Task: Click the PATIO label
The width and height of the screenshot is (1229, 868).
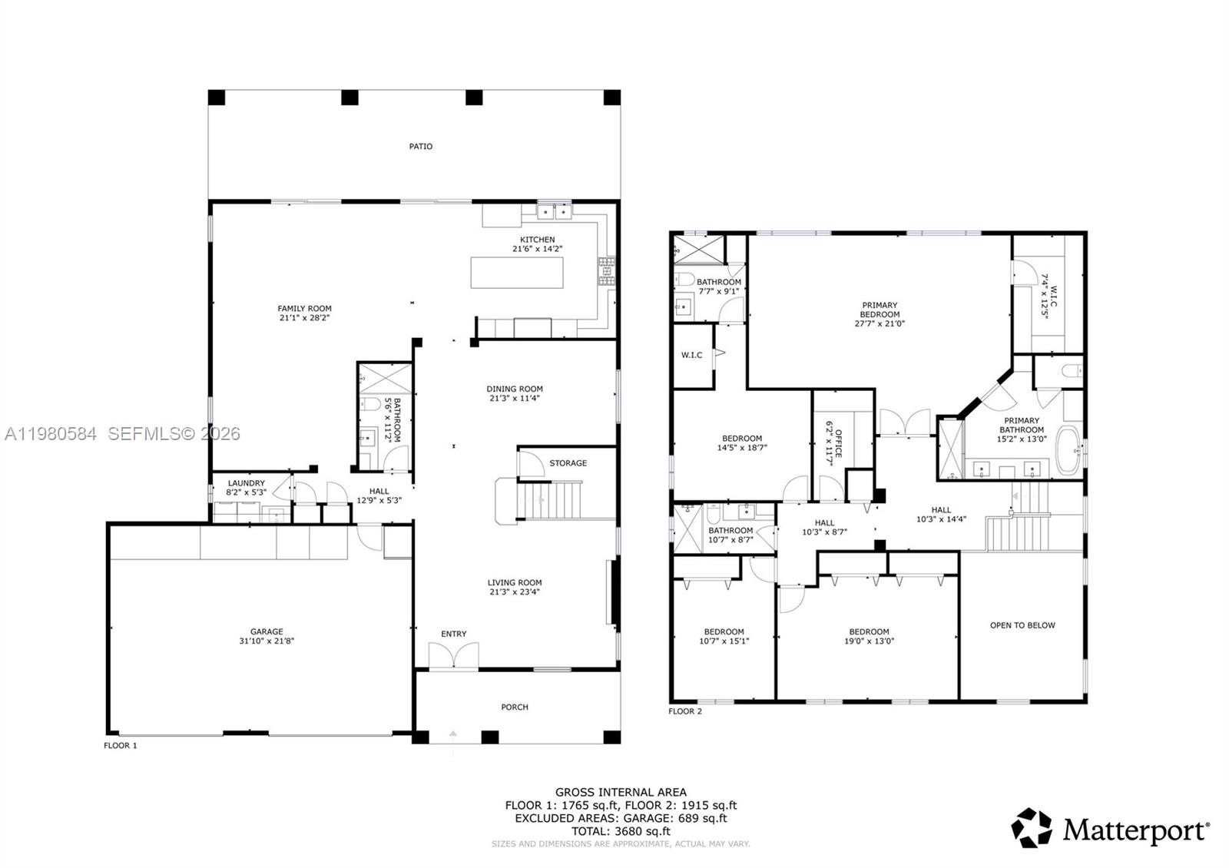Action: point(420,146)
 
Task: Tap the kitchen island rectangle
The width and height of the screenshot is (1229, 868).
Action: point(516,273)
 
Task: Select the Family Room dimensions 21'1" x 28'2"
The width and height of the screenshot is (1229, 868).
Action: point(305,318)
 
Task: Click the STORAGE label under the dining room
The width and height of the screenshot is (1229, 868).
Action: point(568,463)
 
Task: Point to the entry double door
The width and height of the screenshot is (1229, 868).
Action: point(453,655)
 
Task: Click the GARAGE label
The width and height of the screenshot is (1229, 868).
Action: point(267,631)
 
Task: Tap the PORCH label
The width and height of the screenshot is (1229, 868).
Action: point(515,707)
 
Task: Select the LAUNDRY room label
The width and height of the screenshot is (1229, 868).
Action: point(246,483)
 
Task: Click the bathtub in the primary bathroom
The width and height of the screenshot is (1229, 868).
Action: point(1068,451)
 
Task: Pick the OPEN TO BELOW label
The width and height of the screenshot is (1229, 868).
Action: point(1022,625)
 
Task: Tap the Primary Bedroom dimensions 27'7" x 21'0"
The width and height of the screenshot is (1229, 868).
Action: point(880,324)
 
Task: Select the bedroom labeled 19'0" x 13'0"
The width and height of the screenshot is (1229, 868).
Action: point(869,636)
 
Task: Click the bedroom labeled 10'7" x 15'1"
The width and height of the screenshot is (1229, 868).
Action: point(724,636)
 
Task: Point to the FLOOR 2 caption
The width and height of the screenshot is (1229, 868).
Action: point(685,711)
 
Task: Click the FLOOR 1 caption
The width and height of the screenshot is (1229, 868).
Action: point(121,745)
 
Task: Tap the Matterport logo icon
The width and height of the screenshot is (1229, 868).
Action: point(1031,828)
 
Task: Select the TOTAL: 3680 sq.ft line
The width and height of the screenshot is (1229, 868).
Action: point(621,830)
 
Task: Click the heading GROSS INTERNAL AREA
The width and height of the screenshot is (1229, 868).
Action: point(621,792)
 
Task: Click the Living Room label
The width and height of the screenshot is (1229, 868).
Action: point(515,583)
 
